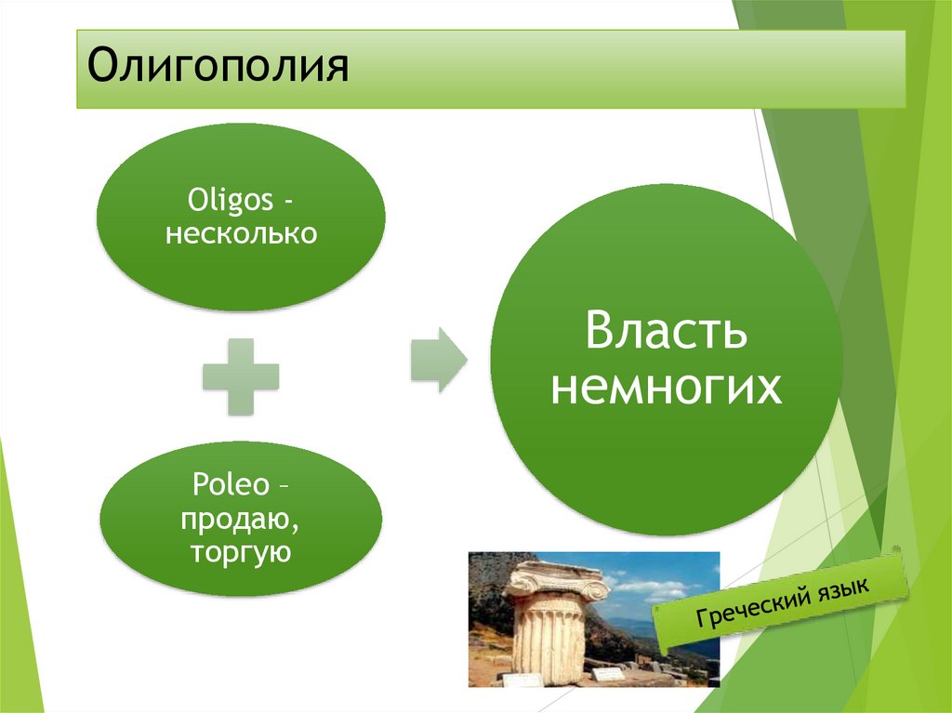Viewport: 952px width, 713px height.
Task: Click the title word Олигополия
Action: point(218,66)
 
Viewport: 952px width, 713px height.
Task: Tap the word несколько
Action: point(241,234)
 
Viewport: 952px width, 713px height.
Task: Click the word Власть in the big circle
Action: point(666,330)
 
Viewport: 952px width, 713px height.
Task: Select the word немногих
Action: point(666,387)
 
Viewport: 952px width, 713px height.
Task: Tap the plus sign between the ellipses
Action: point(241,376)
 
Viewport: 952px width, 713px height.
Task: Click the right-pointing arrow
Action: point(439,360)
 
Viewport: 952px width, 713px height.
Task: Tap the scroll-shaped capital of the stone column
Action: point(558,579)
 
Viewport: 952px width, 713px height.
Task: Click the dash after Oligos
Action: point(288,202)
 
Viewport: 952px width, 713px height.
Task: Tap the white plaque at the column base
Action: point(608,673)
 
